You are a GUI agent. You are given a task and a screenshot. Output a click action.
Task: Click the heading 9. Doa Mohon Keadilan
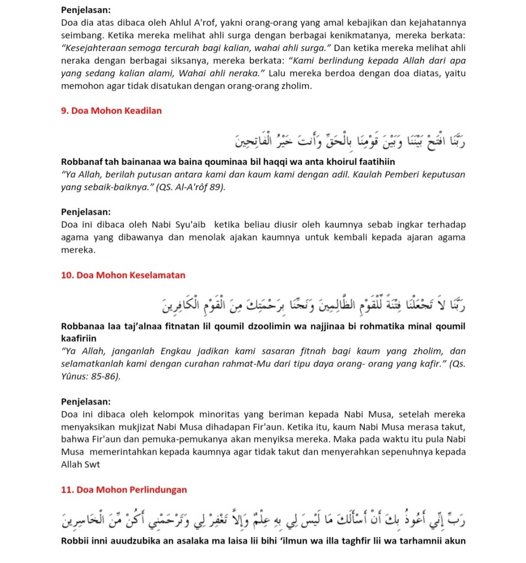tap(111, 111)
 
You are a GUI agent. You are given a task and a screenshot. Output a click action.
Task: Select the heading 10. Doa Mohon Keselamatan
tap(123, 275)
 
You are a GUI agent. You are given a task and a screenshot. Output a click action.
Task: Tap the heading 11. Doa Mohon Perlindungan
tap(124, 489)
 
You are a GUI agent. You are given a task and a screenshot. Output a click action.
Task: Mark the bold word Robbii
tap(74, 541)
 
